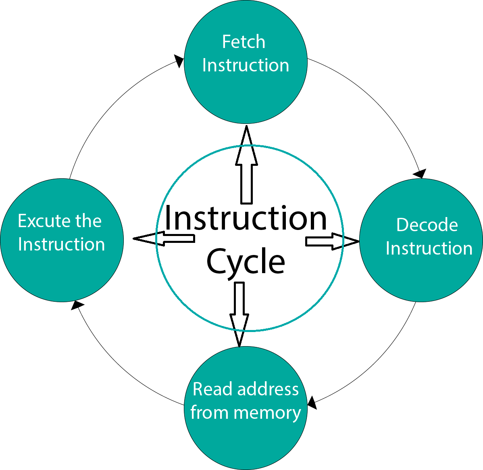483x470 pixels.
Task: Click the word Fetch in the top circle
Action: (244, 42)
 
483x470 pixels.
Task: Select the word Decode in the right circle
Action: (427, 225)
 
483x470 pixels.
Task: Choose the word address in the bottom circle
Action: (268, 389)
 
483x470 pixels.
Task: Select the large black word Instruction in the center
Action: (246, 218)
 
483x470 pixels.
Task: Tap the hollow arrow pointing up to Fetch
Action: (246, 165)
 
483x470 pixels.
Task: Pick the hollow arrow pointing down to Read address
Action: (239, 315)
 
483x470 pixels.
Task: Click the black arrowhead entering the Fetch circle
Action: (179, 61)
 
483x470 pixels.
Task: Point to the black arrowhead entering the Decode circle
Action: (420, 174)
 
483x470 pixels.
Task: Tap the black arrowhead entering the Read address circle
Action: (312, 403)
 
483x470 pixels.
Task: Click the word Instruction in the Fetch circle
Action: (246, 65)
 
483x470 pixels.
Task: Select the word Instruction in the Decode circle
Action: (429, 249)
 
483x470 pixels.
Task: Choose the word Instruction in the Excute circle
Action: (61, 244)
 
